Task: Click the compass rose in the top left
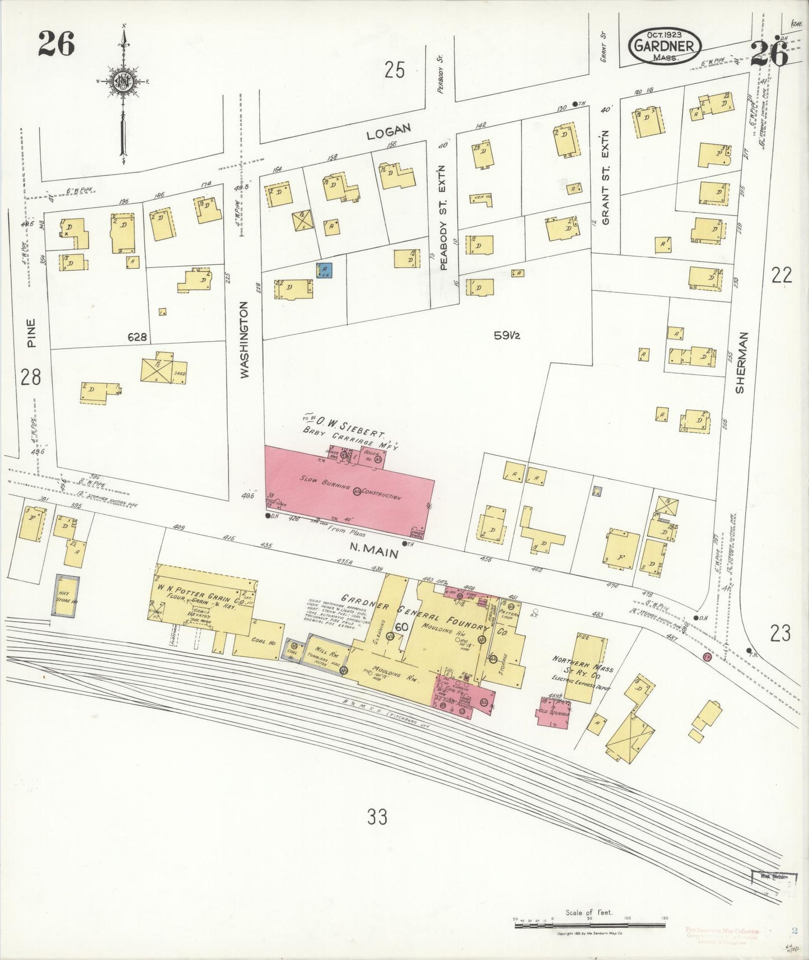tap(122, 81)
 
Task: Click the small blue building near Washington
tap(324, 270)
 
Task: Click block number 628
tap(137, 337)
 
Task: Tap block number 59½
tap(507, 336)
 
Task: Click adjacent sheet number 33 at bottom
tap(377, 818)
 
